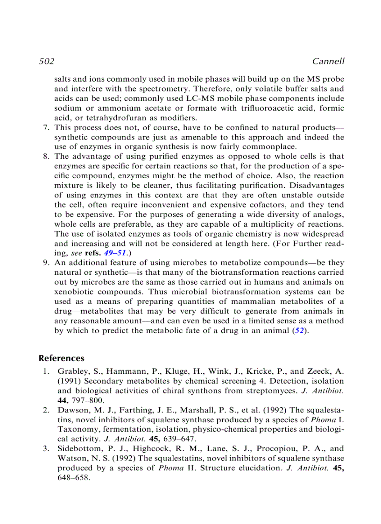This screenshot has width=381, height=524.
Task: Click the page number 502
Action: coord(46,62)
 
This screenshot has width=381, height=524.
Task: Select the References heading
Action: coord(61,358)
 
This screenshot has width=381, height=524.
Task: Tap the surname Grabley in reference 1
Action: coord(71,371)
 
